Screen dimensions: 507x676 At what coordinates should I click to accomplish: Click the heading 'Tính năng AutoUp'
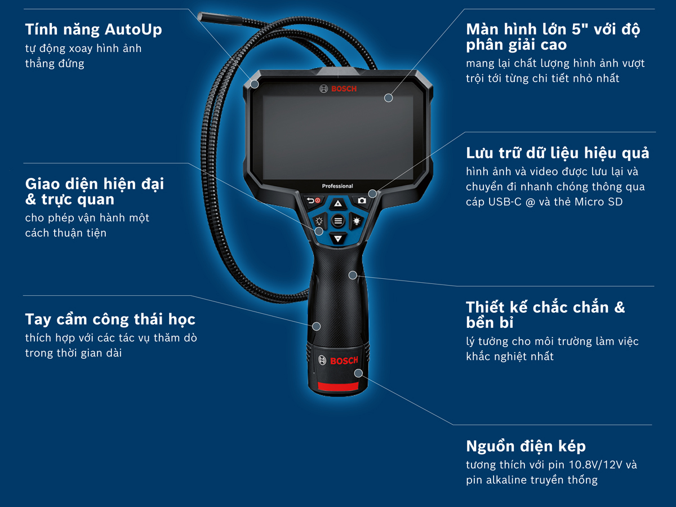tap(93, 29)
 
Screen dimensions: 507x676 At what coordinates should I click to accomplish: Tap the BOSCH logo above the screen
tap(338, 89)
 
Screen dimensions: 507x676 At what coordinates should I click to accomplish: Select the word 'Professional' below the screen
tap(337, 186)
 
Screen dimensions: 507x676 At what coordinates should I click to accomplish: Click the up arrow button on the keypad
tap(337, 204)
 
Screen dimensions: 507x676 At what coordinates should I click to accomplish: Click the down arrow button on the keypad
tap(337, 239)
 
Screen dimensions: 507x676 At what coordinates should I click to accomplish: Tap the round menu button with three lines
tap(338, 221)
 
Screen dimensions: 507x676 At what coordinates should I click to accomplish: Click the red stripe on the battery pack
tap(338, 386)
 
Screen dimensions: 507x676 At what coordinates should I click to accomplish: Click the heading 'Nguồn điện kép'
tap(526, 447)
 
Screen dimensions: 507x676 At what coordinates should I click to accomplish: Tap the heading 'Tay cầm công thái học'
tap(110, 319)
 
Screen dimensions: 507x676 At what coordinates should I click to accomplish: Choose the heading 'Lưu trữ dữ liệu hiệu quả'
tap(557, 153)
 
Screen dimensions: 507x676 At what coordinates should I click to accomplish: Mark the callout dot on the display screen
tap(388, 98)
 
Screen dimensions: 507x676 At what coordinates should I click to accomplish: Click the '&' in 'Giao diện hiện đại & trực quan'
tap(31, 199)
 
